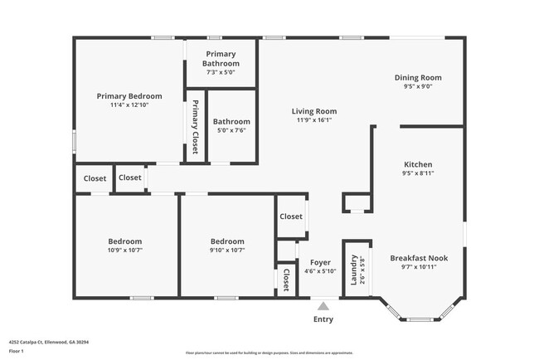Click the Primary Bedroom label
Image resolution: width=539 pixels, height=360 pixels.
click(x=129, y=96)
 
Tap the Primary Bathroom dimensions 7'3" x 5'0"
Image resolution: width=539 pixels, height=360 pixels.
click(x=221, y=72)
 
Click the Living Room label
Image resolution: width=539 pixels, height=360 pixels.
click(x=313, y=111)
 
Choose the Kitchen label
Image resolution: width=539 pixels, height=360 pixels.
click(x=418, y=164)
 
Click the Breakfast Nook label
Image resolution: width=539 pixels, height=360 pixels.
click(x=419, y=258)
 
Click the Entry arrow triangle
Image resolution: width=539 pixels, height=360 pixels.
click(x=323, y=305)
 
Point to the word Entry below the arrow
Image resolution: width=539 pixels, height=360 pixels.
click(x=323, y=319)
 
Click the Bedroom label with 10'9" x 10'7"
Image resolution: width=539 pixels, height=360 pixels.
click(x=124, y=241)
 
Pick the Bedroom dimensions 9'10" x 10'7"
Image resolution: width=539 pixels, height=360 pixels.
click(x=226, y=250)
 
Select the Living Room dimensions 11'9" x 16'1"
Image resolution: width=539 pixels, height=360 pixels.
click(x=313, y=119)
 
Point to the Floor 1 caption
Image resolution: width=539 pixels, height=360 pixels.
click(x=17, y=350)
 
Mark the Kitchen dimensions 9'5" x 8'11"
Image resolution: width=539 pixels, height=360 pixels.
click(x=418, y=173)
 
